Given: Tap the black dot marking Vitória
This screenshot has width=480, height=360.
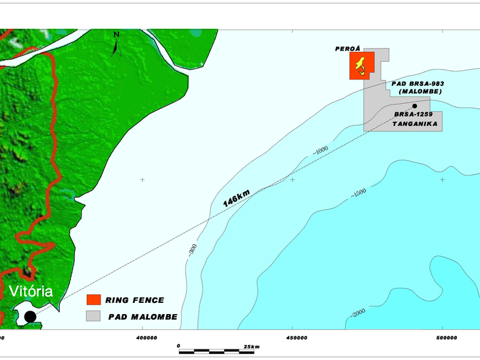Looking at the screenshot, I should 30,317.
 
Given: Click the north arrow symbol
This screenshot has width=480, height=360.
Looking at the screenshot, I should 116,44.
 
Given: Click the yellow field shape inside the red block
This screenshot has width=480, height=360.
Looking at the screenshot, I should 360,64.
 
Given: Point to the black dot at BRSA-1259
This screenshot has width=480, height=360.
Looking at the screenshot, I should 415,106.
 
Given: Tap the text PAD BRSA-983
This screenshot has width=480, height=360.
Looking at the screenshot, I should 416,84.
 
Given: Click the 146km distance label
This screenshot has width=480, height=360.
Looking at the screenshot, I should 236,198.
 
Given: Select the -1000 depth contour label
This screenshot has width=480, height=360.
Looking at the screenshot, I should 321,150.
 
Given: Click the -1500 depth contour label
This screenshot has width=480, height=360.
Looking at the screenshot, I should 358,192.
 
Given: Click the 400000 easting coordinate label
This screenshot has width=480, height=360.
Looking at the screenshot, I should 146,338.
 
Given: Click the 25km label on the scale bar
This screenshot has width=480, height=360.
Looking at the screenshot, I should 252,346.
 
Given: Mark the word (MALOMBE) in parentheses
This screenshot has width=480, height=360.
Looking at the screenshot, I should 419,91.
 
